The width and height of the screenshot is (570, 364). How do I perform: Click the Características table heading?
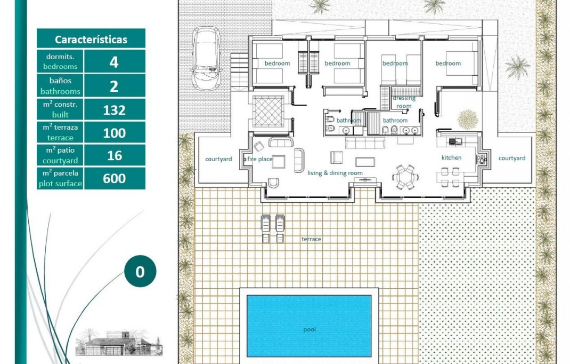click(x=91, y=39)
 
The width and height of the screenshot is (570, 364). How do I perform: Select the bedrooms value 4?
click(x=114, y=62)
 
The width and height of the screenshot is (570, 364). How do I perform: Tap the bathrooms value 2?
click(x=114, y=86)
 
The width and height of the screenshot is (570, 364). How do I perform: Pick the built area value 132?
click(x=114, y=110)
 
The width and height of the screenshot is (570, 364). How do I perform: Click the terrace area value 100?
click(x=114, y=133)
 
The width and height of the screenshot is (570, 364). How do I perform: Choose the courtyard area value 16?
click(x=114, y=155)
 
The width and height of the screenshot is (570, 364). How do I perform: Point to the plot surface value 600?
click(x=114, y=178)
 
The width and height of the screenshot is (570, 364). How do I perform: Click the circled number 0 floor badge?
click(x=140, y=272)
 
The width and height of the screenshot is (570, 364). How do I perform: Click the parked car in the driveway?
click(x=206, y=58)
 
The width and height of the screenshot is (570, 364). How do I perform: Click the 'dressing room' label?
click(x=403, y=102)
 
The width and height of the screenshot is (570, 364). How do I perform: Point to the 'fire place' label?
click(x=259, y=159)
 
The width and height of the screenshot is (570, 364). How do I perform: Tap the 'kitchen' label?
click(x=451, y=157)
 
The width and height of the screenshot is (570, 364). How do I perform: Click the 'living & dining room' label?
click(x=335, y=173)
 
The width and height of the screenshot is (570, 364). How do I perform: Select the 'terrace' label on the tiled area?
click(x=311, y=239)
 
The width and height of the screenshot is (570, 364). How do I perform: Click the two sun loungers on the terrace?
click(x=272, y=229)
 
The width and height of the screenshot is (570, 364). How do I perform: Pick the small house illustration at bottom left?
click(x=118, y=343)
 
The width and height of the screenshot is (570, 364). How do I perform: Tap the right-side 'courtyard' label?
click(x=511, y=158)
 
